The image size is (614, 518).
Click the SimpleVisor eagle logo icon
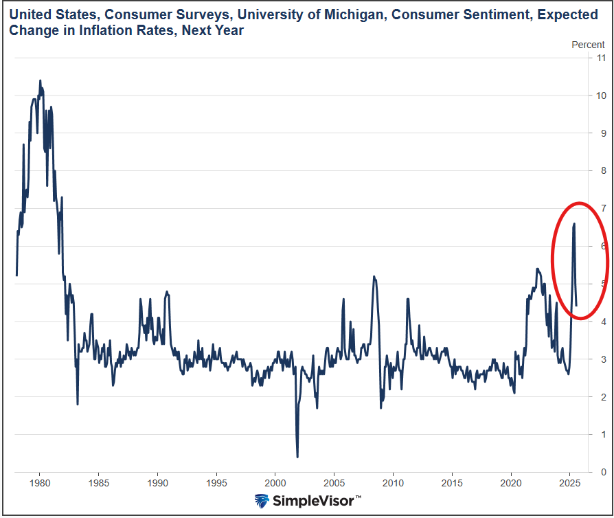tap(262, 501)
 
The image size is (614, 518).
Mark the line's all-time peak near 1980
tap(40, 80)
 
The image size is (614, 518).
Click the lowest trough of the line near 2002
tap(297, 457)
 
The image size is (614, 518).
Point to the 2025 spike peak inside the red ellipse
tap(574, 223)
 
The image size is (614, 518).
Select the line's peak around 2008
tap(374, 276)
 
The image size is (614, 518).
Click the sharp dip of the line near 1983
tap(77, 404)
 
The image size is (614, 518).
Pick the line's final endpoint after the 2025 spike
tap(576, 305)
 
